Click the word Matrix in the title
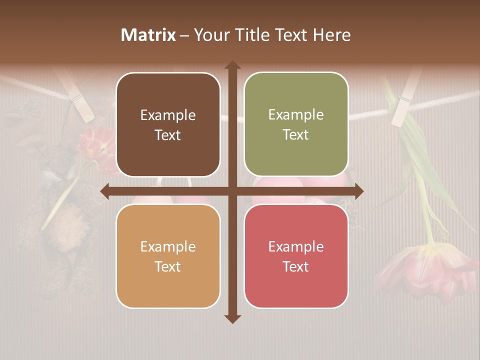[148, 35]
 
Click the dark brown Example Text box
[168, 124]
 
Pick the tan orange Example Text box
[168, 256]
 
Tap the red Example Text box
[296, 256]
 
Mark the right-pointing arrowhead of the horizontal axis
[359, 191]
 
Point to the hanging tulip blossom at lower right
[425, 270]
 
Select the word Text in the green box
[296, 134]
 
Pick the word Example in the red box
[296, 246]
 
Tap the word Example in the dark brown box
[168, 115]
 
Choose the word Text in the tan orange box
[168, 266]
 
